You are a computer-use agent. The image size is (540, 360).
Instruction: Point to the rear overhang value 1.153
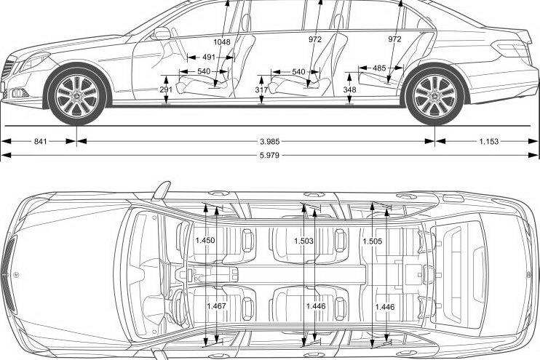click(489, 141)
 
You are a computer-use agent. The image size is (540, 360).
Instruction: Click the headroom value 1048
click(223, 41)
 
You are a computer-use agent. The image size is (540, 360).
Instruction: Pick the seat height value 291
click(166, 89)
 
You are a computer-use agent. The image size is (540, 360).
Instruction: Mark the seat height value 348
click(349, 89)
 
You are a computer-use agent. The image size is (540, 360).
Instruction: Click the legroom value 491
click(209, 57)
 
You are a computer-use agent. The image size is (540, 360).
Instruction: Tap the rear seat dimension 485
click(379, 68)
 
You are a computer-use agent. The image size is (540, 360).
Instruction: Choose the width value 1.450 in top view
click(205, 240)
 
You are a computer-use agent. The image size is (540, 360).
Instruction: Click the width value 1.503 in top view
click(304, 240)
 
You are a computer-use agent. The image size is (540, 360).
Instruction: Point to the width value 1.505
click(373, 240)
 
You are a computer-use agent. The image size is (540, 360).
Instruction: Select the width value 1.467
click(216, 306)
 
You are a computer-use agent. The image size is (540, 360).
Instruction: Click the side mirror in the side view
click(162, 33)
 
